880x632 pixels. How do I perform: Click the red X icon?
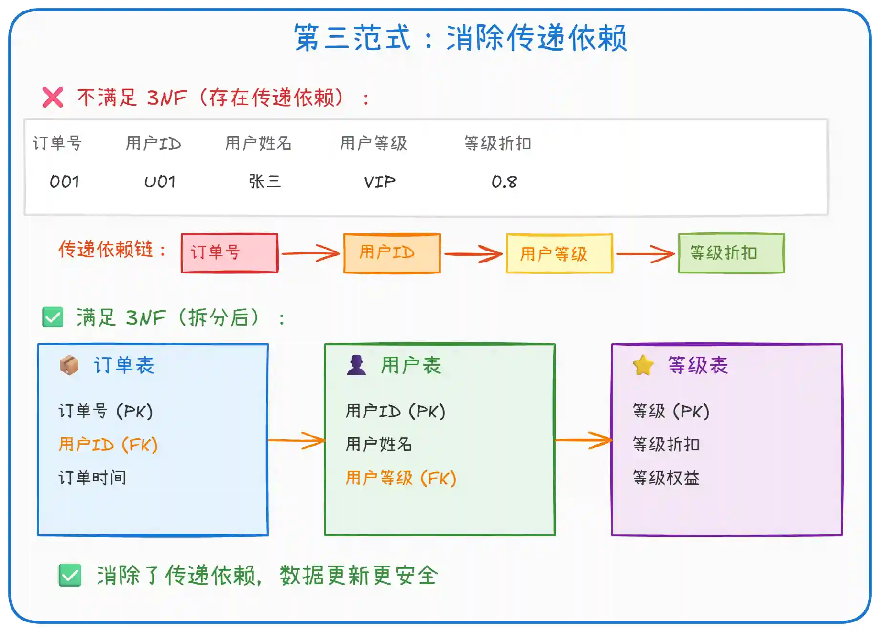point(53,98)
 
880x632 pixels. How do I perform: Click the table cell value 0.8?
point(504,182)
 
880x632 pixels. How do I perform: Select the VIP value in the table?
point(380,182)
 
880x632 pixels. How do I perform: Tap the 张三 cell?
point(264,182)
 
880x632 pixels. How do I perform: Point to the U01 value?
point(160,182)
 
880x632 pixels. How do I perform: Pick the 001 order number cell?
point(65,182)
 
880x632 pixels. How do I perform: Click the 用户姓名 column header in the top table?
point(258,143)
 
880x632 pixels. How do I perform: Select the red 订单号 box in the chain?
point(230,253)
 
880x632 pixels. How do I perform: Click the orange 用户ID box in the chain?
point(392,253)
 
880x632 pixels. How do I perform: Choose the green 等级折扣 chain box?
point(731,253)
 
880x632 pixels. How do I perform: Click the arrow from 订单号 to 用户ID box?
point(311,253)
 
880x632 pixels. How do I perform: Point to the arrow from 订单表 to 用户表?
point(297,440)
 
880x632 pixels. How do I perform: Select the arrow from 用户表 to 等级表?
point(583,440)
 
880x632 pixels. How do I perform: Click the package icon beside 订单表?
point(69,366)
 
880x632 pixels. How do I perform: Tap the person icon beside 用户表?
point(356,365)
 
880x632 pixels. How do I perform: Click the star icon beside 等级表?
point(643,366)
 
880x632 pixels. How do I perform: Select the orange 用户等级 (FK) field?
point(401,478)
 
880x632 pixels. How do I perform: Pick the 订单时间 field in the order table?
point(92,478)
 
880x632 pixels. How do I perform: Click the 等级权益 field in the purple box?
point(666,478)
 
